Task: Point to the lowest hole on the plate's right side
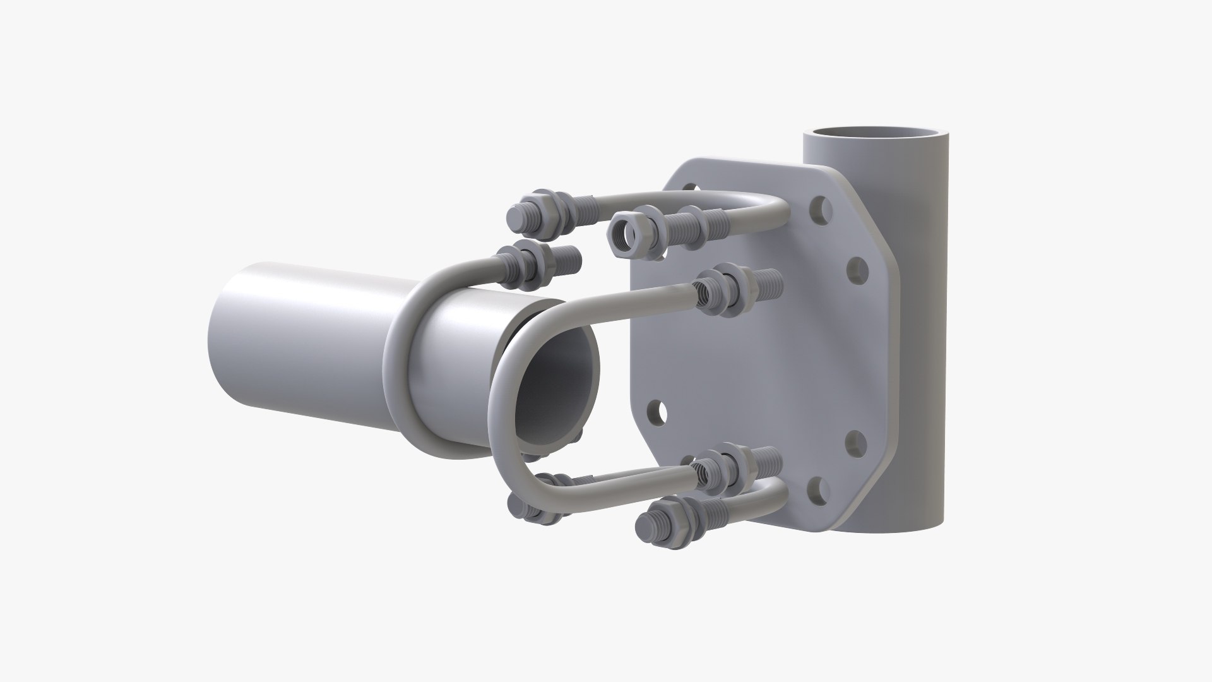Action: (x=816, y=488)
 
